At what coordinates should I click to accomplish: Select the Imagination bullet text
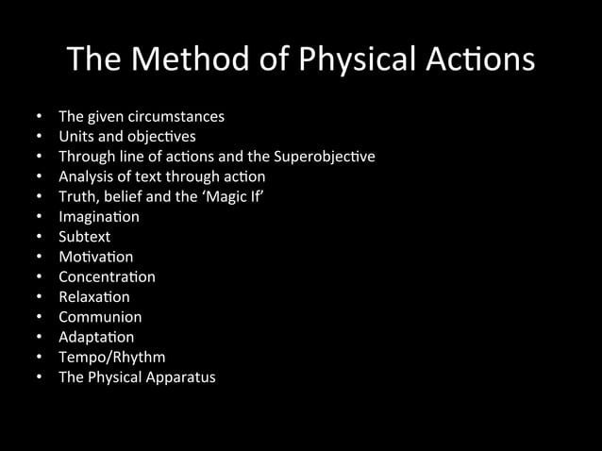coord(98,217)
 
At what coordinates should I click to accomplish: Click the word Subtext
coord(84,237)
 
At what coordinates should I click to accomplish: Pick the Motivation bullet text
coord(95,257)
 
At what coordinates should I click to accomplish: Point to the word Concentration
coord(107,277)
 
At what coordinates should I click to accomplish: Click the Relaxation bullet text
coord(93,297)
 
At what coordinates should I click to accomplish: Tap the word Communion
coord(100,317)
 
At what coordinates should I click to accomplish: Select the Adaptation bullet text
coord(96,337)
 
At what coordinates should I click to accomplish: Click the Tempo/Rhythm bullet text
coord(111,358)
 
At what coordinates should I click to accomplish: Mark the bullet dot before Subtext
coord(39,237)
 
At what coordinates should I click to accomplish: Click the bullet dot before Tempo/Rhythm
coord(39,358)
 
